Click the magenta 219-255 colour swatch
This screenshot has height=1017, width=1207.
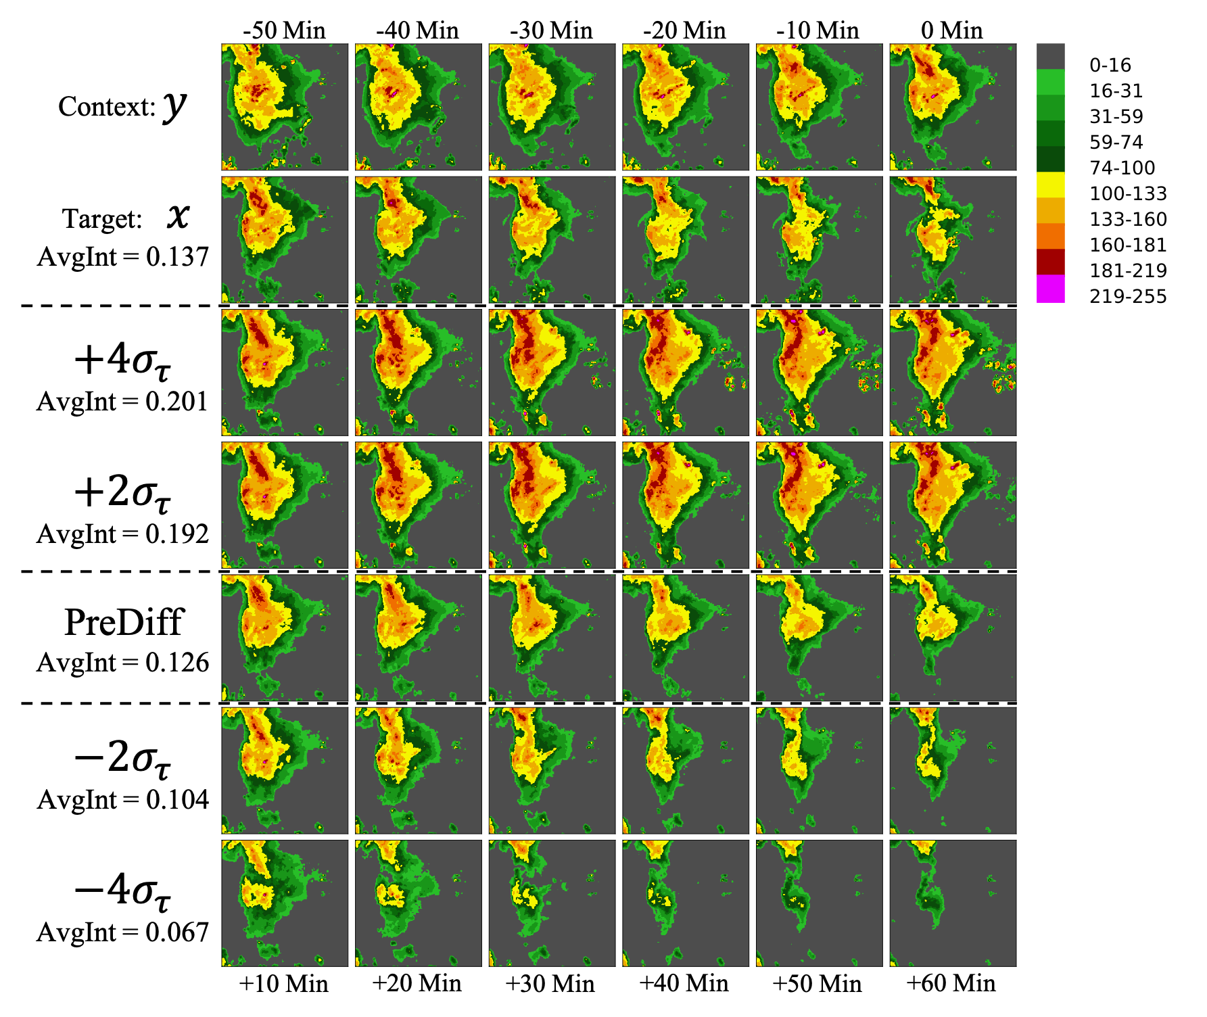pyautogui.click(x=1050, y=289)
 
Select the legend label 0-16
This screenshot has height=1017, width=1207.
pyautogui.click(x=1110, y=65)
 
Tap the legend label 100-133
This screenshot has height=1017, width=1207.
pyautogui.click(x=1128, y=193)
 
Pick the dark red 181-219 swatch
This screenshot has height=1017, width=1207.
pyautogui.click(x=1050, y=263)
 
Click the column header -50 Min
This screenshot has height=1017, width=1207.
pyautogui.click(x=285, y=30)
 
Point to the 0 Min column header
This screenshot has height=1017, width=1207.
pyautogui.click(x=952, y=30)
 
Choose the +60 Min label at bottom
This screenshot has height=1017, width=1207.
pyautogui.click(x=951, y=983)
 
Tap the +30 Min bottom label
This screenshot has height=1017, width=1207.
pyautogui.click(x=550, y=983)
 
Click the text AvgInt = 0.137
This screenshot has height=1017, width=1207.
pyautogui.click(x=123, y=257)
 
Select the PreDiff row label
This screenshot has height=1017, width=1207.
pyautogui.click(x=123, y=622)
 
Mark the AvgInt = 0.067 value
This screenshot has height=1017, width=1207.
pyautogui.click(x=123, y=932)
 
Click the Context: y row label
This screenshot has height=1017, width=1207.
pyautogui.click(x=123, y=106)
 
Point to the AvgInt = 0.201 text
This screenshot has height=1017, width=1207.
pyautogui.click(x=123, y=402)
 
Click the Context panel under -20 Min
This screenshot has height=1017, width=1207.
pyautogui.click(x=686, y=107)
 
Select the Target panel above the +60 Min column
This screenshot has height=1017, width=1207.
pyautogui.click(x=953, y=240)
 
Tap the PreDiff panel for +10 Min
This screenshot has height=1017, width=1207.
pyautogui.click(x=285, y=638)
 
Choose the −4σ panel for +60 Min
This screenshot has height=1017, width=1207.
pyautogui.click(x=953, y=903)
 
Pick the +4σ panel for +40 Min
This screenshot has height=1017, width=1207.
pyautogui.click(x=686, y=373)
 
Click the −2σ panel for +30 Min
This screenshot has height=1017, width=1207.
pyautogui.click(x=552, y=770)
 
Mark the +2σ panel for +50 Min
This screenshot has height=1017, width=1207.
pyautogui.click(x=819, y=505)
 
